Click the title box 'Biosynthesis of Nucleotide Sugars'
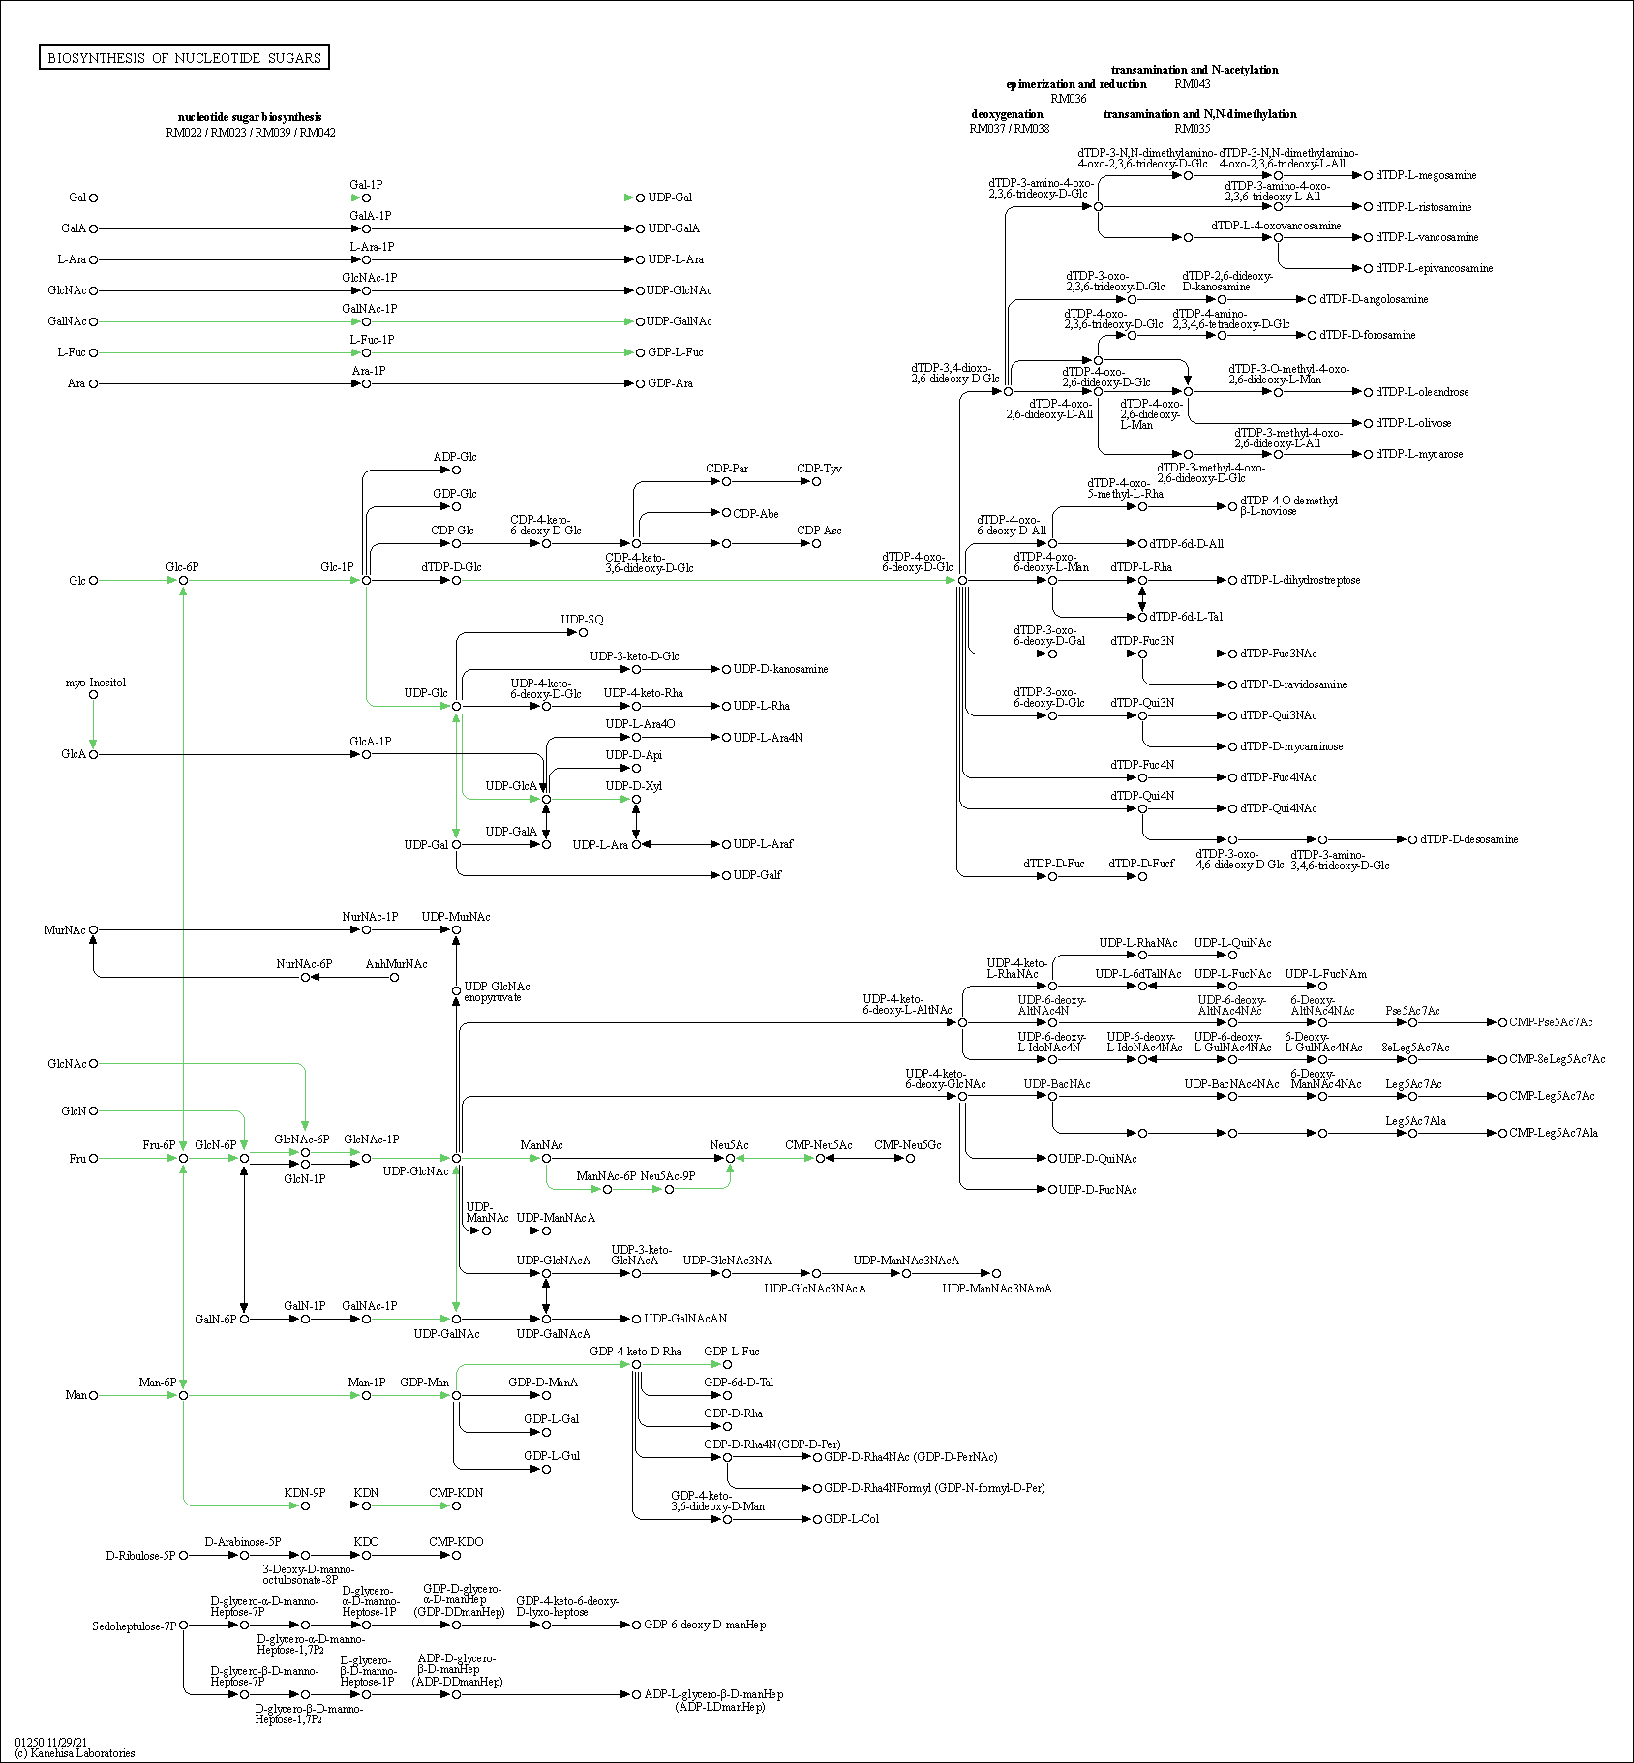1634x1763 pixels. click(x=184, y=58)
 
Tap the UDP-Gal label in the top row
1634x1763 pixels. click(x=670, y=198)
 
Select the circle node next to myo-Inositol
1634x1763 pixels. click(x=93, y=695)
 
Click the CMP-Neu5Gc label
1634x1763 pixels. click(x=907, y=1145)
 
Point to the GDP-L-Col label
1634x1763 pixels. click(x=851, y=1519)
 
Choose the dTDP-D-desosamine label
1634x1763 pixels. click(x=1468, y=839)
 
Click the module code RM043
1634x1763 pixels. click(x=1193, y=84)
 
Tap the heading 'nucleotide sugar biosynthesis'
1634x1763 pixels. click(x=250, y=117)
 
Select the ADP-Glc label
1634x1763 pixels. click(x=454, y=457)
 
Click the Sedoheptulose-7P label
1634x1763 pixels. click(x=135, y=1626)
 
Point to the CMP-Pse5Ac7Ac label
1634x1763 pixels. click(x=1551, y=1022)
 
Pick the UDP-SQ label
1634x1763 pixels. click(x=582, y=620)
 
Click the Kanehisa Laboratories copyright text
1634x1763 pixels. click(x=75, y=1753)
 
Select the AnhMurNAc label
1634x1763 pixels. click(x=396, y=964)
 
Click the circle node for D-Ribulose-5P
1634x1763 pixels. click(x=183, y=1556)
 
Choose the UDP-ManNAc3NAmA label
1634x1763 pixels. click(x=997, y=1289)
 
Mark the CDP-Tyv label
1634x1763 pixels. click(x=819, y=469)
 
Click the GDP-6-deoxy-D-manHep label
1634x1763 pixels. click(x=705, y=1626)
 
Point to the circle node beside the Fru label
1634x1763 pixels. click(x=93, y=1159)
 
